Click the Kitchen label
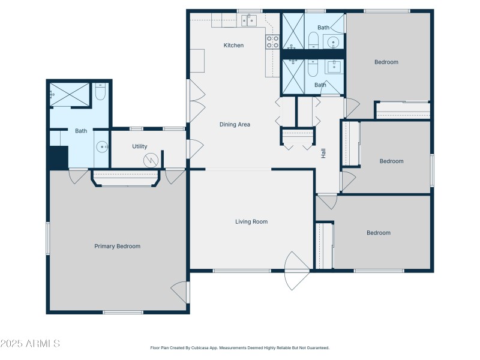[x=233, y=45]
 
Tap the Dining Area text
[x=235, y=125]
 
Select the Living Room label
[x=251, y=221]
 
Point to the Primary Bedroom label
[x=117, y=246]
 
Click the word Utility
[x=140, y=146]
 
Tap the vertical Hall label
[x=323, y=153]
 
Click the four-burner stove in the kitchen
[x=272, y=41]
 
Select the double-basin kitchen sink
[x=249, y=21]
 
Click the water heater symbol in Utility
[x=150, y=160]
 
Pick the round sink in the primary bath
[x=101, y=146]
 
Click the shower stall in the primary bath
[x=70, y=94]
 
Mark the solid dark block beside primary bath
[x=58, y=157]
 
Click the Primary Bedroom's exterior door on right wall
[x=179, y=292]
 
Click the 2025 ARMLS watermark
[x=30, y=344]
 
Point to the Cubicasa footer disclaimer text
[x=239, y=347]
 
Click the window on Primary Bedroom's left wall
[x=48, y=238]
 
